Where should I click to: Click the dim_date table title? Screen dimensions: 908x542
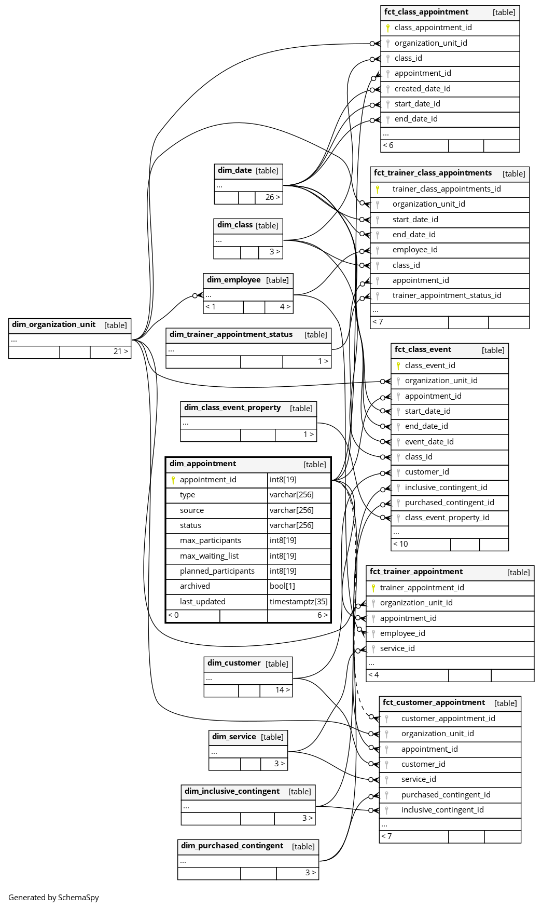(x=235, y=170)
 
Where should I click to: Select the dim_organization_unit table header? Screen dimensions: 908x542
(x=54, y=325)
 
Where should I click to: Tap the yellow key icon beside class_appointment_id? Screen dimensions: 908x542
(x=387, y=28)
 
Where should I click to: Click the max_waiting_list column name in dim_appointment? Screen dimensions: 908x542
(x=209, y=556)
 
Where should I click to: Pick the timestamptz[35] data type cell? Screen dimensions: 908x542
(x=298, y=602)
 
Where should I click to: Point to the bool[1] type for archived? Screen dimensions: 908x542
(x=282, y=586)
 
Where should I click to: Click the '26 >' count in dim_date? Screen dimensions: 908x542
(x=272, y=197)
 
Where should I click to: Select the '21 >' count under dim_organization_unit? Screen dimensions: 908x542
(x=120, y=351)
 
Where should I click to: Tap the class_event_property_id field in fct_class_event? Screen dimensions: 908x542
(x=447, y=518)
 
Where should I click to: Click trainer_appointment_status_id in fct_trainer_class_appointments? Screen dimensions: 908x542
(x=447, y=295)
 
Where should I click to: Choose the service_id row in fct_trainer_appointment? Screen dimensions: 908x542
(x=397, y=648)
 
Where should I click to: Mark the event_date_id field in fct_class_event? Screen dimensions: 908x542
(x=429, y=442)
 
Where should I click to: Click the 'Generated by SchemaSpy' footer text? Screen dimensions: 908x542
(x=53, y=898)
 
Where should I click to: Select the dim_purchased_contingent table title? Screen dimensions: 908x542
(x=232, y=846)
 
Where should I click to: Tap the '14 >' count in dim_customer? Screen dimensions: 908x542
(x=282, y=690)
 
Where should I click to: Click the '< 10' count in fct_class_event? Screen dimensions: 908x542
(x=400, y=544)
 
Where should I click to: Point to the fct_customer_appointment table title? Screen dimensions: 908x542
(x=434, y=703)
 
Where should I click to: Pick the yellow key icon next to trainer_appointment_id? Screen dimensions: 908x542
(x=373, y=588)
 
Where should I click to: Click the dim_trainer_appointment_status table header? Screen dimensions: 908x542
(x=231, y=335)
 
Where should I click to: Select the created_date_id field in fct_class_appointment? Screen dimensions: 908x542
(x=422, y=89)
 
